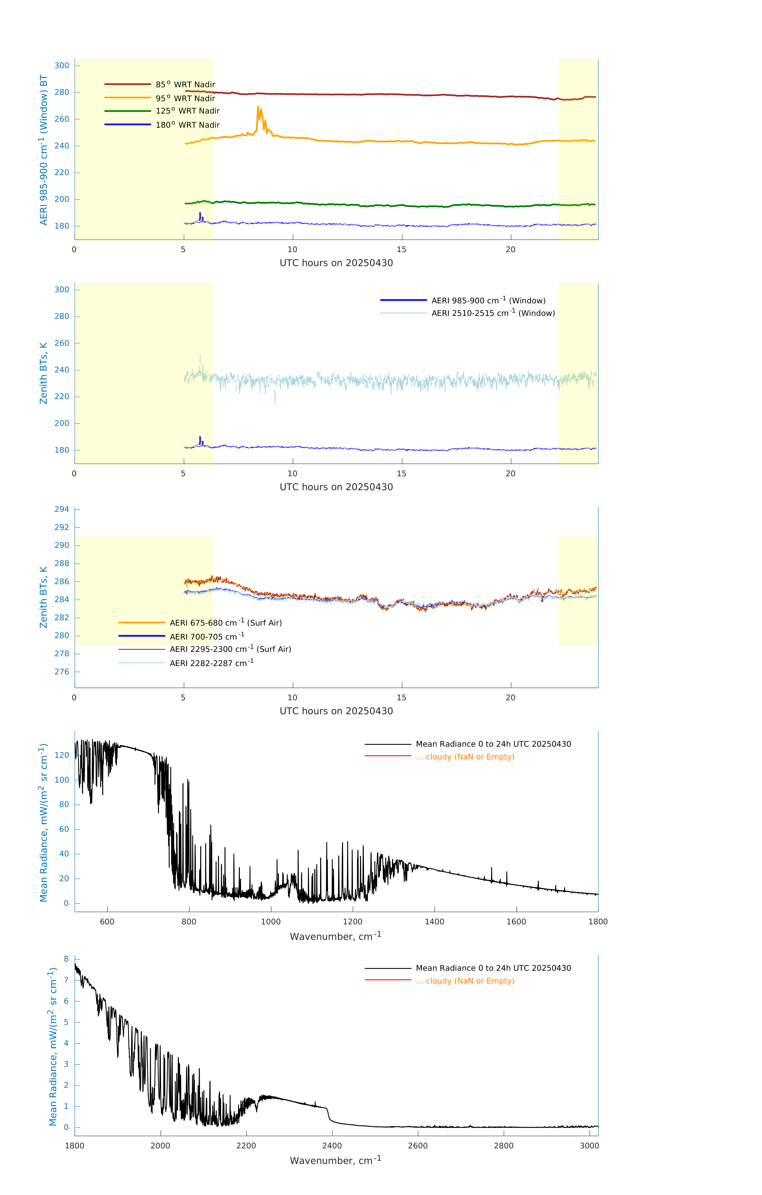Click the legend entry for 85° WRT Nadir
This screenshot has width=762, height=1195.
coord(185,84)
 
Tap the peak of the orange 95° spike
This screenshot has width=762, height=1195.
coord(258,107)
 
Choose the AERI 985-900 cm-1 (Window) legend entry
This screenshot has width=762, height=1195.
coord(488,300)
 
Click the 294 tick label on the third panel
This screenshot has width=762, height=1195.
coord(62,509)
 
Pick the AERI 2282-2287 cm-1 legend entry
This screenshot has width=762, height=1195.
coord(212,663)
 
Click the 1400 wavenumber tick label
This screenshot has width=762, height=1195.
coord(434,922)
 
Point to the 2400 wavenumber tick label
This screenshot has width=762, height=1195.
coord(332,1145)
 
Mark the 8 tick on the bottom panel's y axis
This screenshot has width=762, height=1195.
coord(66,959)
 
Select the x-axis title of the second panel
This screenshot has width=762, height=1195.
coord(336,487)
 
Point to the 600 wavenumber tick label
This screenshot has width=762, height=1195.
coord(107,922)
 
